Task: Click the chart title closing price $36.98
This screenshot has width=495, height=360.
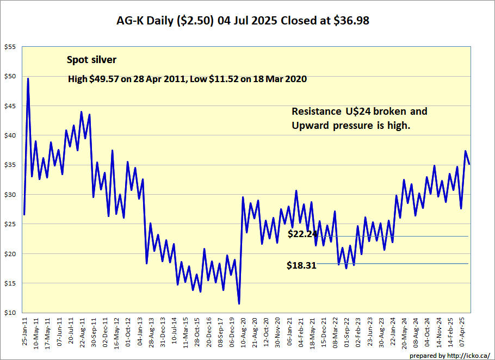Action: click(x=351, y=21)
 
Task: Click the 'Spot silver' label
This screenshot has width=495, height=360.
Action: click(x=91, y=60)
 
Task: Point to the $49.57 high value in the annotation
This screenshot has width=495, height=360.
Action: click(x=104, y=78)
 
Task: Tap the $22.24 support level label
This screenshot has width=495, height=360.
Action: click(x=302, y=234)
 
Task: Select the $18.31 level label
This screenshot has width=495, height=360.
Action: click(x=301, y=265)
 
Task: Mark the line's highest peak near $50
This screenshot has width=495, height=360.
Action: click(x=28, y=78)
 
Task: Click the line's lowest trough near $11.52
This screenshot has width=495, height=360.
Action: click(x=239, y=303)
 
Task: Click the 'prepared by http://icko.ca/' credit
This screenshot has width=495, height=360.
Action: click(x=449, y=356)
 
